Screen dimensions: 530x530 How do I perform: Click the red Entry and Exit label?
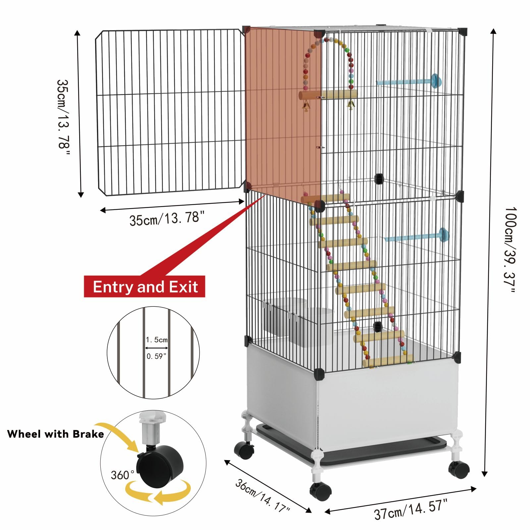(145, 287)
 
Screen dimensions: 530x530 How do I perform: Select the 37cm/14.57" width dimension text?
(411, 509)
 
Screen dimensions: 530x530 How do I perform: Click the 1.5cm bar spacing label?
(157, 340)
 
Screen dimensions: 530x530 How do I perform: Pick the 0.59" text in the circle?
(156, 356)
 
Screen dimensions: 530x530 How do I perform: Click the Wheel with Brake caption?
(55, 434)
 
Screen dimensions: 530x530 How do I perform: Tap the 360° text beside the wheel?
(122, 475)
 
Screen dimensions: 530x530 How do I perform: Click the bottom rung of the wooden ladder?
(388, 361)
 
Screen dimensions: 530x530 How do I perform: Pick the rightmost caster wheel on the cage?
(459, 469)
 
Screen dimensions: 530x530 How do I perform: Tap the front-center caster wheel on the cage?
(321, 491)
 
